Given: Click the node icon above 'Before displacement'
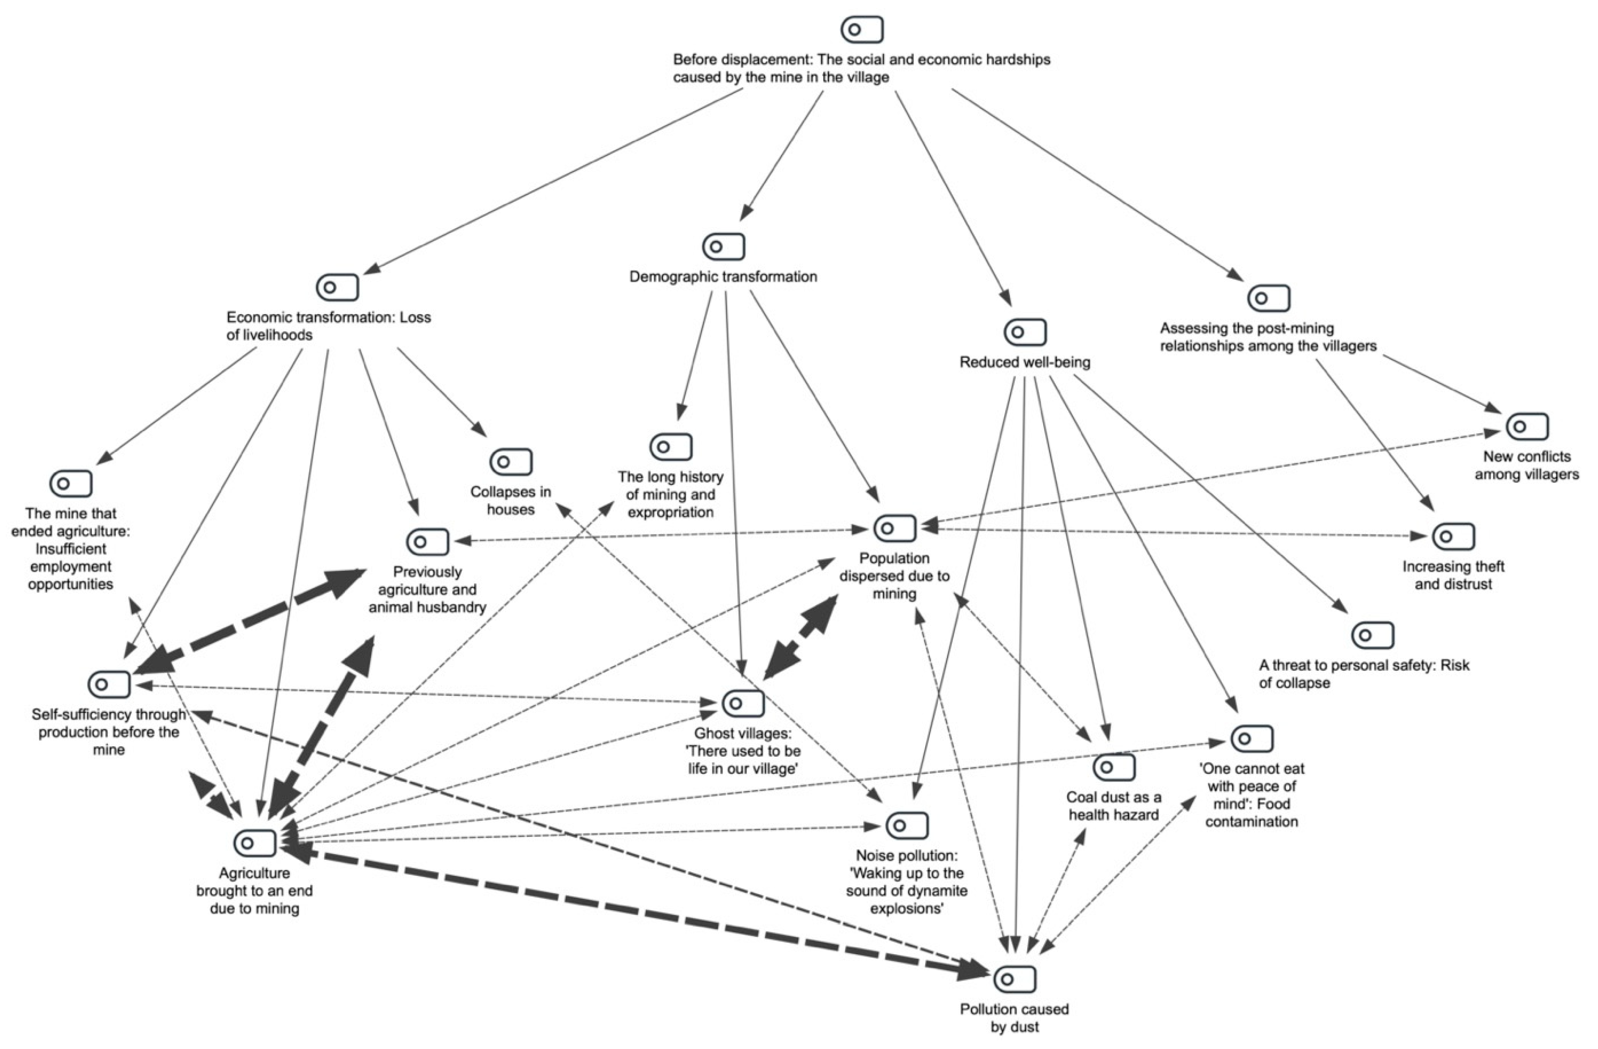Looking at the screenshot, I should (x=862, y=29).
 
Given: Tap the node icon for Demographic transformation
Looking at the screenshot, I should (x=723, y=247).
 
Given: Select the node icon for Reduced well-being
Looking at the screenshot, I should (x=1025, y=332).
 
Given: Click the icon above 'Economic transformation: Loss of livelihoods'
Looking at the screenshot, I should (x=337, y=287).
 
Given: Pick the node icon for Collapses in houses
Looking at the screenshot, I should (x=511, y=462).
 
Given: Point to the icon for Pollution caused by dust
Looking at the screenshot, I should (x=1015, y=979).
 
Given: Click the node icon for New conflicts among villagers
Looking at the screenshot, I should (x=1527, y=427).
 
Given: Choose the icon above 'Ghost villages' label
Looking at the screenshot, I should (x=743, y=703).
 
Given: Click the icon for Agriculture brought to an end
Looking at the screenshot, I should (x=255, y=843).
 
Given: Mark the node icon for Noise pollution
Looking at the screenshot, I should (x=907, y=825).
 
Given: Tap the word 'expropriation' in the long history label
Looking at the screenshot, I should (x=670, y=513).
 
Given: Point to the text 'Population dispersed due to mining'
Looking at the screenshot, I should (x=894, y=575).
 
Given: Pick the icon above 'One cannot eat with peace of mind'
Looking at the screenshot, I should (x=1252, y=739).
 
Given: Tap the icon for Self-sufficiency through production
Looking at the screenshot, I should (x=109, y=685).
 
